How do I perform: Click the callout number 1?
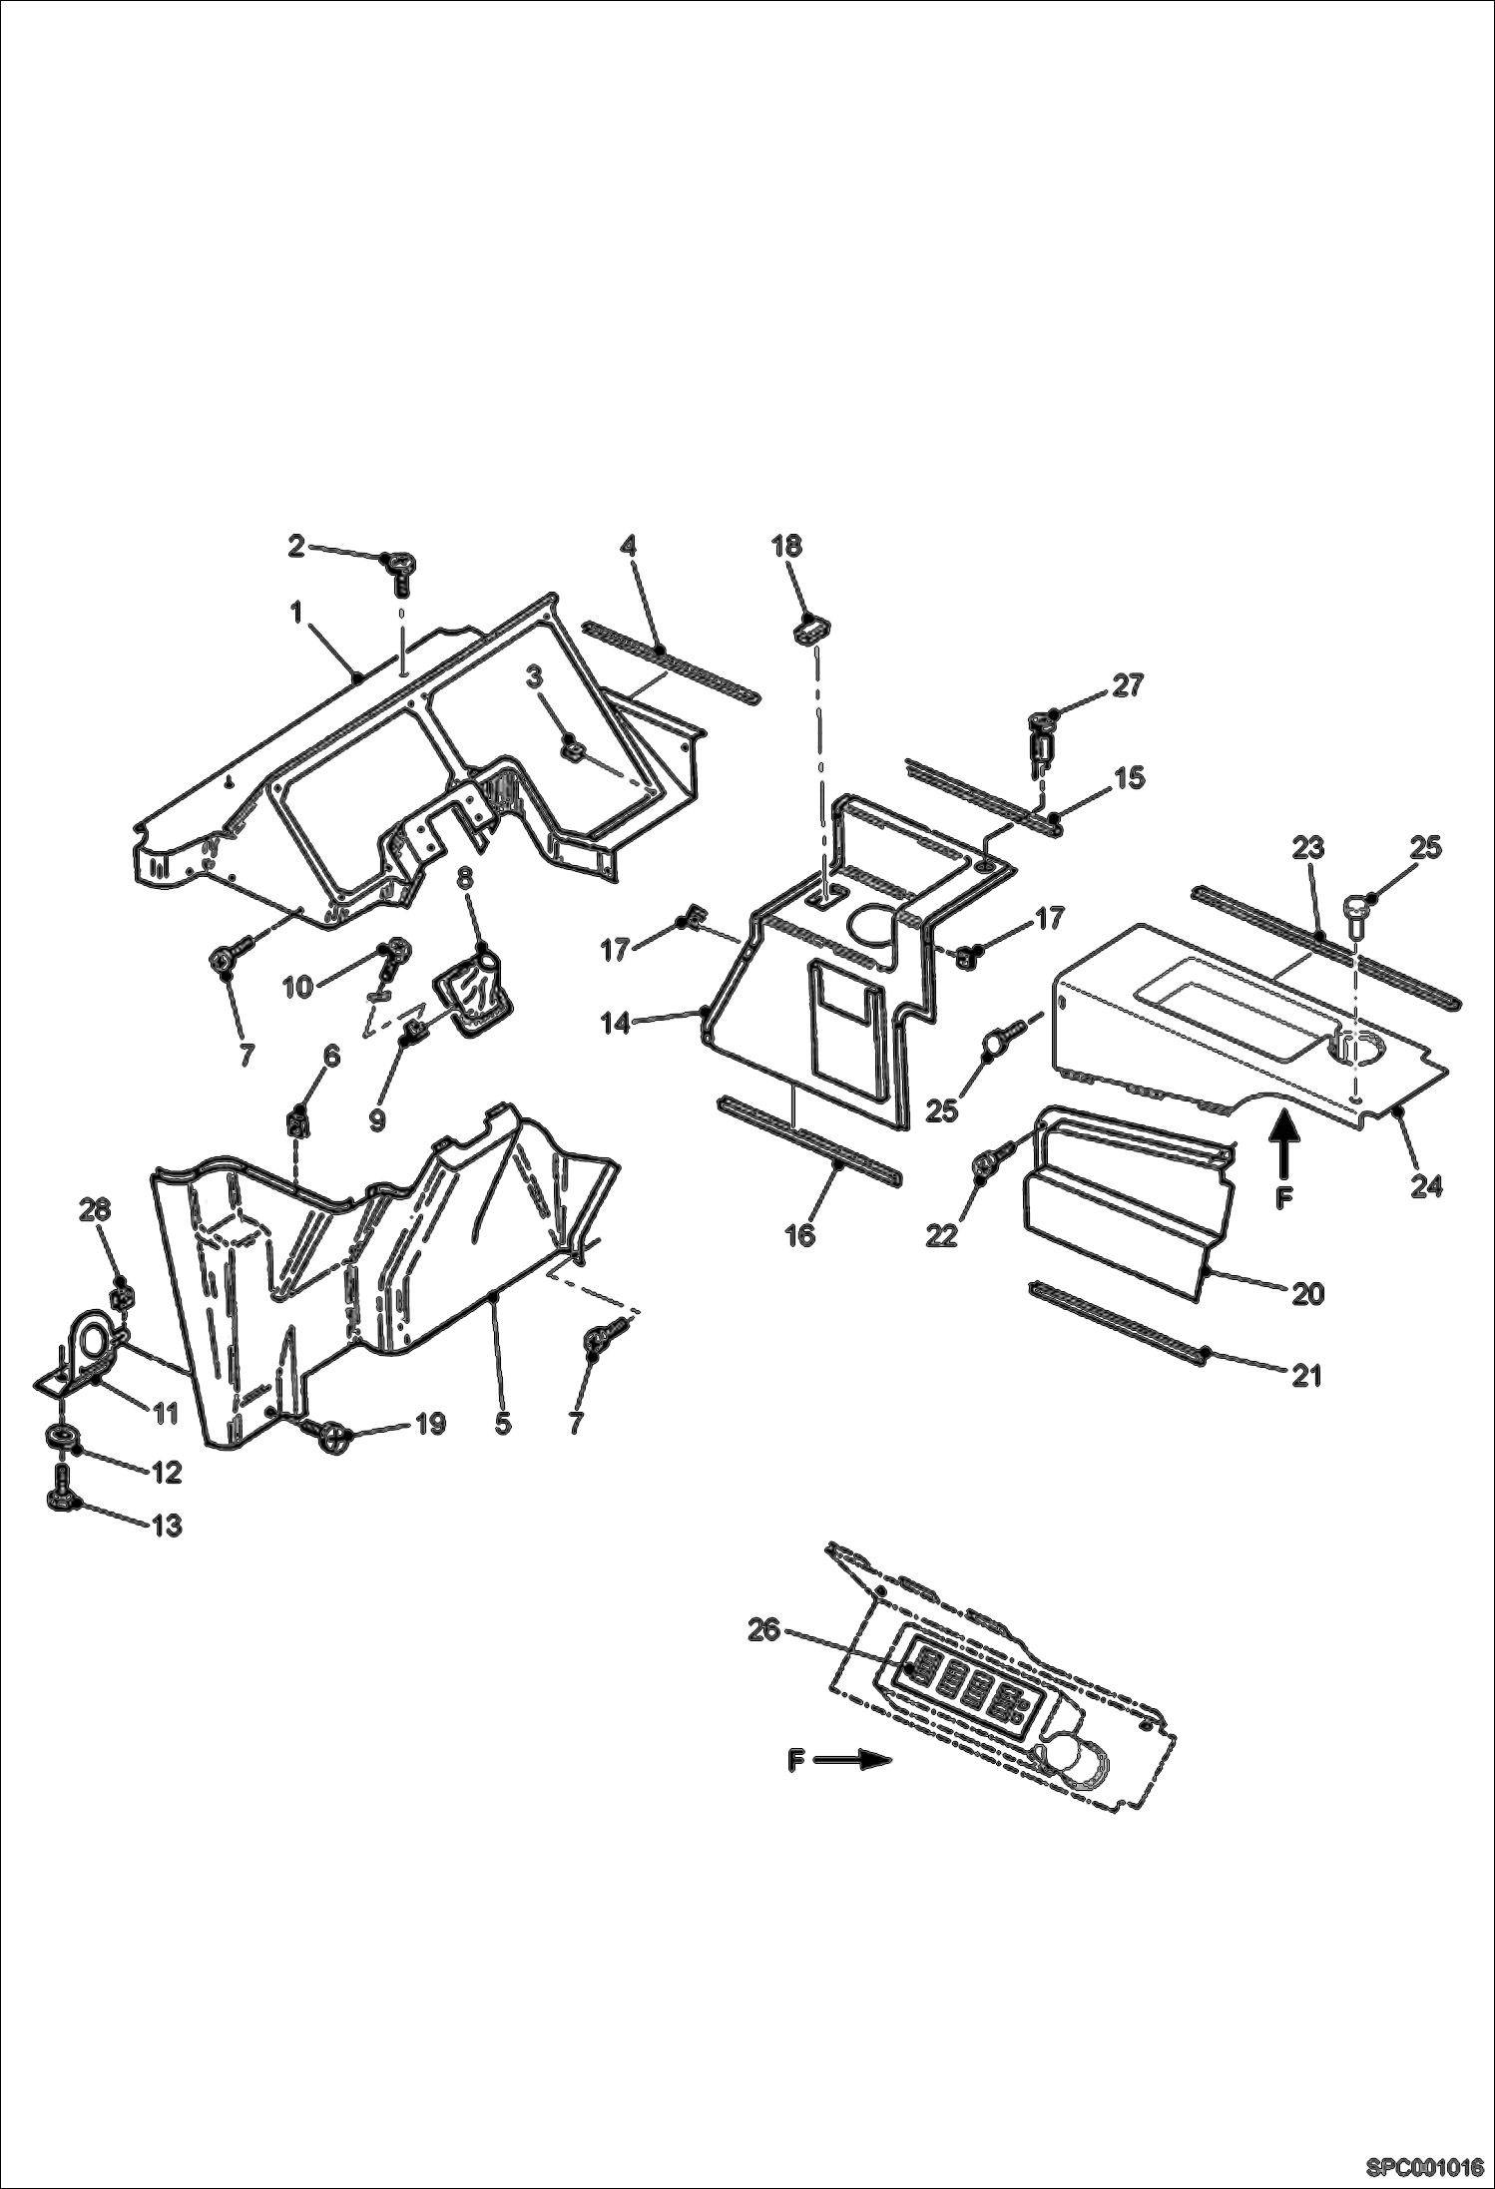tap(296, 613)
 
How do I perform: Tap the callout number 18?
tap(786, 546)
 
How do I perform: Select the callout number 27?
tap(1127, 686)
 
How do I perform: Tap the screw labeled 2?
tap(397, 573)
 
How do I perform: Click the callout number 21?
tap(1307, 1377)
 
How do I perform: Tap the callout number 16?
tap(800, 1235)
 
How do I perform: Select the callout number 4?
tap(628, 546)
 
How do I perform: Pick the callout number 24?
tap(1426, 1186)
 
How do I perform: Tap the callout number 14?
tap(616, 1024)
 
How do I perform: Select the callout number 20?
tap(1307, 1294)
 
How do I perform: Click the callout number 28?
tap(97, 1210)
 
